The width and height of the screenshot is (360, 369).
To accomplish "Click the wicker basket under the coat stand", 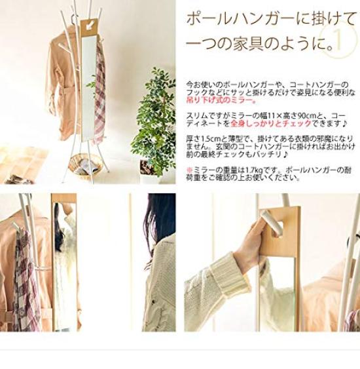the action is (x=86, y=166).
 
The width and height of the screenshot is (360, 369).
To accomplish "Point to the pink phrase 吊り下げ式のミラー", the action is (x=221, y=100).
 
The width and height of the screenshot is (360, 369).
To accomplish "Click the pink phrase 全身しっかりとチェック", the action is (x=271, y=123).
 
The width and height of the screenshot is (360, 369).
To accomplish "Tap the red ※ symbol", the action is (x=189, y=170).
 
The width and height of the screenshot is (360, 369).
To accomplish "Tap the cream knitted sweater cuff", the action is (x=232, y=274).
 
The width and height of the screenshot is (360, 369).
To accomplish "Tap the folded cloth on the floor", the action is (x=19, y=178).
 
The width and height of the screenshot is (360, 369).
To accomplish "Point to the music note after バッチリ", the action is (x=285, y=155).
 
